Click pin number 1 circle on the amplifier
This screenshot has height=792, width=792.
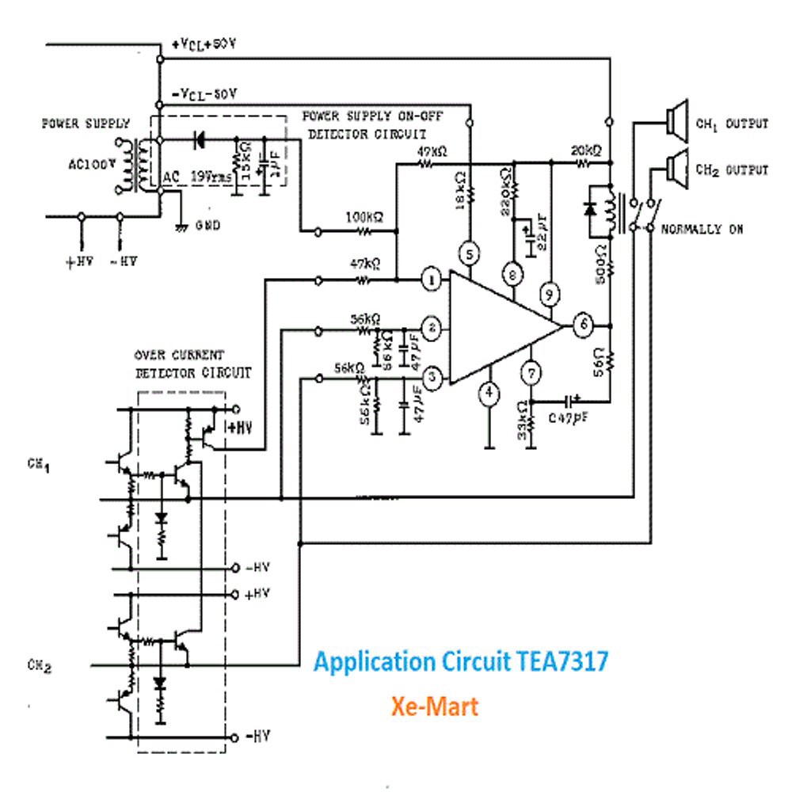(x=432, y=280)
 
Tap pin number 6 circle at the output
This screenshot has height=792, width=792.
(x=583, y=325)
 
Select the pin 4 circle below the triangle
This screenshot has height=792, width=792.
(x=491, y=393)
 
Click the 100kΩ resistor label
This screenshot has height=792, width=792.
(x=364, y=216)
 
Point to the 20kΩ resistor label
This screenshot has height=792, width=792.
(x=584, y=150)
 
